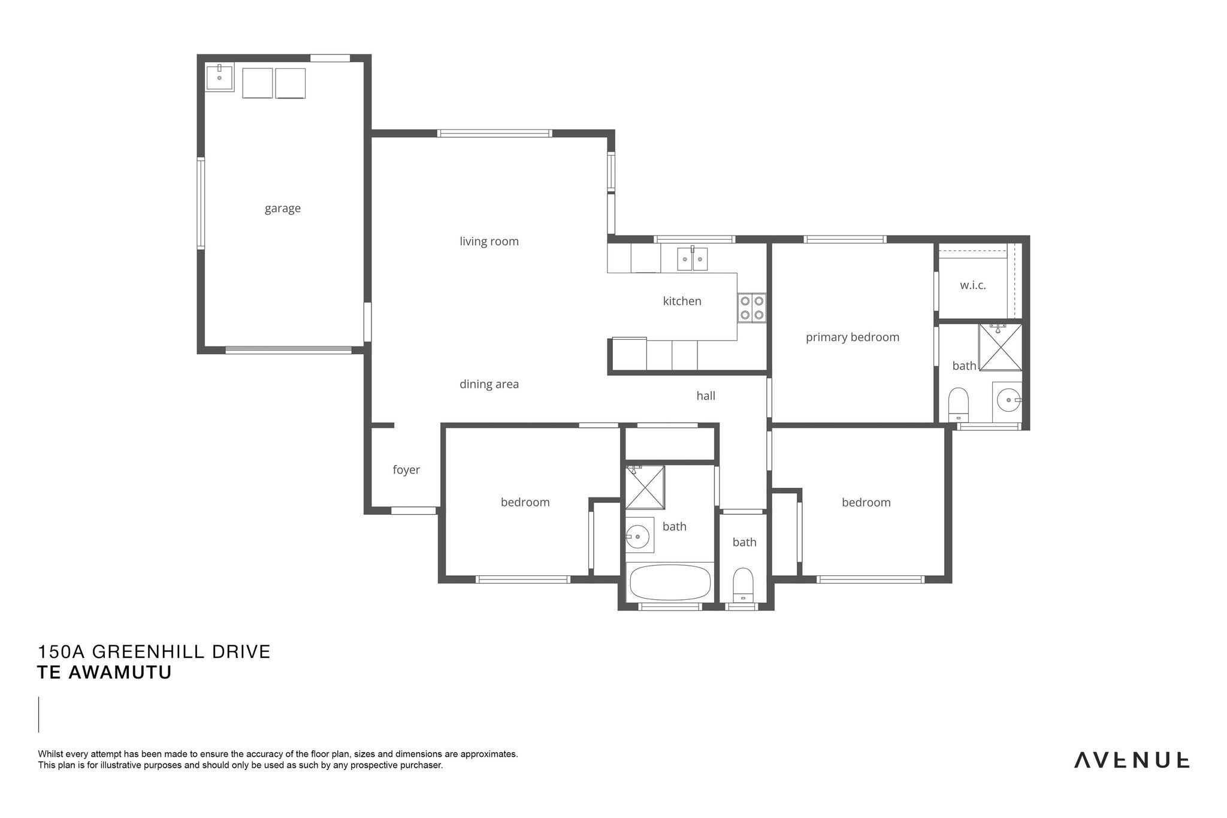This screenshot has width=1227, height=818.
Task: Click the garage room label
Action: pos(283,209)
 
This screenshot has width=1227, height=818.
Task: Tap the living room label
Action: pos(489,242)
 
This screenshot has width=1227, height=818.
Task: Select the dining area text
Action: pos(489,385)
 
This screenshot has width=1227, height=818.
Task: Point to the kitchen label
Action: pos(682,301)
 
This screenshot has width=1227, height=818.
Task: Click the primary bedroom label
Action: pos(853,337)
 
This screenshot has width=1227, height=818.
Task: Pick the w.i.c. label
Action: pos(973,285)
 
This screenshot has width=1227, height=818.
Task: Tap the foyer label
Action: pos(406,470)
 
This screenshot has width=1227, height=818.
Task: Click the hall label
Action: pos(706,396)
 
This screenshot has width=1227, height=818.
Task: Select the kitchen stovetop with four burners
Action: pos(752,308)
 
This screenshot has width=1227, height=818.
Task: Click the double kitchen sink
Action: pos(693,259)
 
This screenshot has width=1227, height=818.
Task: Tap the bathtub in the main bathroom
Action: pos(670,582)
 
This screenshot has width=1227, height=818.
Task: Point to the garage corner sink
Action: pos(219,77)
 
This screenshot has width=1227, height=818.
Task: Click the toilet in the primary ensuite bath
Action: pos(959,405)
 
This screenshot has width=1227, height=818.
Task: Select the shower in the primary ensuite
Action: pos(1000,348)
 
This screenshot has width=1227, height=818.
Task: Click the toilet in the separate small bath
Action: pos(743,585)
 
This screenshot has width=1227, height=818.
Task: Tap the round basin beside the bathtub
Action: pos(639,535)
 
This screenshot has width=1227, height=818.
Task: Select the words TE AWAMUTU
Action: pos(104,672)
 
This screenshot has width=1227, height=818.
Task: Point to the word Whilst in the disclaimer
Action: pos(50,754)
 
